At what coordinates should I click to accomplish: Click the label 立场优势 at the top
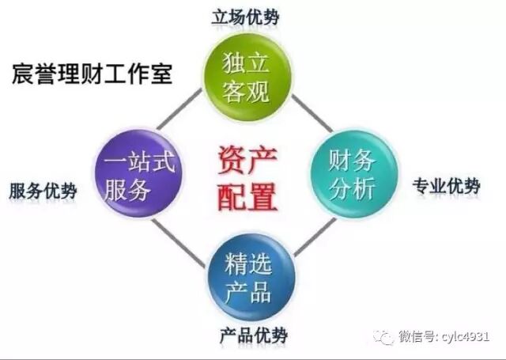(x=246, y=17)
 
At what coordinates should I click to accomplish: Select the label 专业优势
(x=446, y=187)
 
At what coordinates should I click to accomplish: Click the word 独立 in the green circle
(x=247, y=62)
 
